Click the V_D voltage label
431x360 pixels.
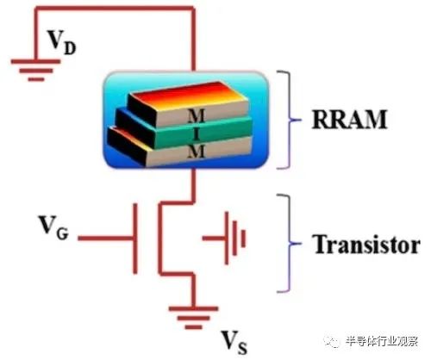click(x=62, y=42)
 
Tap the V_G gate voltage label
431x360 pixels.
click(x=53, y=227)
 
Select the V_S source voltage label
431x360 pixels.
click(x=234, y=343)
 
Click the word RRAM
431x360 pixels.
click(x=349, y=120)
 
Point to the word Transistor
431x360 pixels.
click(x=366, y=244)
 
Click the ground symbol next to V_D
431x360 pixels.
click(x=36, y=70)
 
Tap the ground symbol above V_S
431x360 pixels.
click(x=193, y=318)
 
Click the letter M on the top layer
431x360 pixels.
click(x=197, y=115)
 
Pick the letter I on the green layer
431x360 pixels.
click(x=197, y=134)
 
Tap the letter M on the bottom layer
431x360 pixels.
click(x=197, y=152)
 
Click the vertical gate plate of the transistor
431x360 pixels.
click(x=134, y=239)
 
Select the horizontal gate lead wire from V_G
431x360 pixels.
click(x=105, y=238)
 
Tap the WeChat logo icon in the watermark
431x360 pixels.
click(x=332, y=342)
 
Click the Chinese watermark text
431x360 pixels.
click(x=382, y=342)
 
